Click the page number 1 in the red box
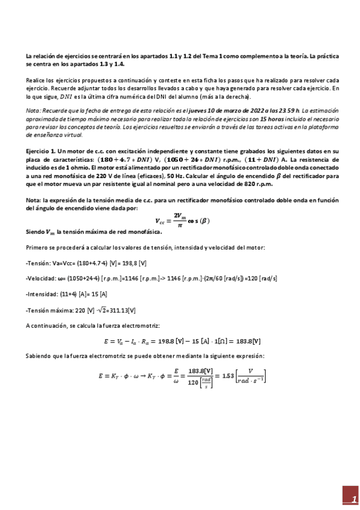pos(346,499)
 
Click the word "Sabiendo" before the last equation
pos(40,356)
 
